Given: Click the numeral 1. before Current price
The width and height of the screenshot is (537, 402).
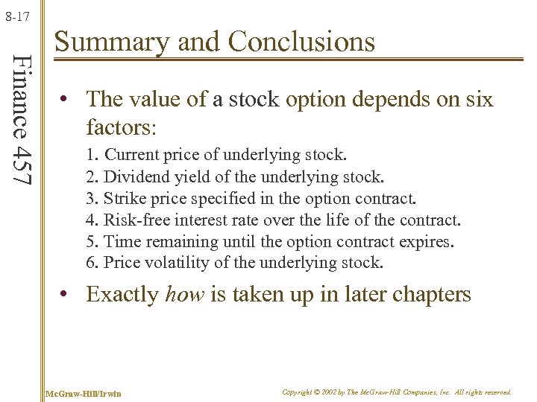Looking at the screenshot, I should click(92, 156).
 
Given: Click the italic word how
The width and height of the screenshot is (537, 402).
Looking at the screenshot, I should click(184, 295).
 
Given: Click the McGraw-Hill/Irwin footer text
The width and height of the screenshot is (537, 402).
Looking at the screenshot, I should click(83, 392).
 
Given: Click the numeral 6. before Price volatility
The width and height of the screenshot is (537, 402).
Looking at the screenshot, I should click(92, 263).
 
